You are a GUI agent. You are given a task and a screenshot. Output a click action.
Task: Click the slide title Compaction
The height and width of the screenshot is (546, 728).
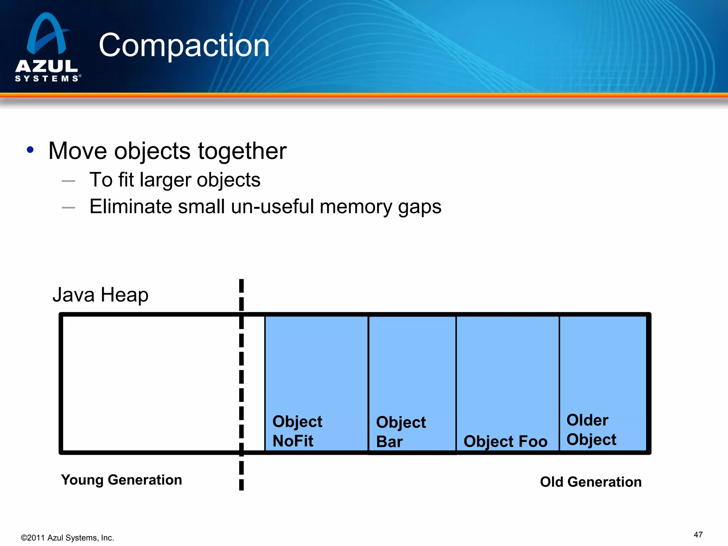pos(184,45)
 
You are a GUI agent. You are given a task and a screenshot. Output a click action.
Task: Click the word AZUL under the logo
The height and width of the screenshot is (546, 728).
pos(47,66)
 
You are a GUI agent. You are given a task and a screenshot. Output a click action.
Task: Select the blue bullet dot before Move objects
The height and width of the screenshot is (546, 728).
pos(30,150)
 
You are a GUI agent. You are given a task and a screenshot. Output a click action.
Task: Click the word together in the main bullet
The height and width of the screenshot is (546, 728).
pos(242,151)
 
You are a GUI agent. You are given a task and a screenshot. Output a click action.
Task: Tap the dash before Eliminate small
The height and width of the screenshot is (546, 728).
pos(68,208)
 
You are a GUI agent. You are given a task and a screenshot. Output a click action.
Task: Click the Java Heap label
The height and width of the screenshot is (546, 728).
pos(101,295)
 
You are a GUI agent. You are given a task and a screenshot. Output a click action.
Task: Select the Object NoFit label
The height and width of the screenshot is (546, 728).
pos(297,431)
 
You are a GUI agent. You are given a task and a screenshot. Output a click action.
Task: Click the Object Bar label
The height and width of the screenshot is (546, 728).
pos(401,432)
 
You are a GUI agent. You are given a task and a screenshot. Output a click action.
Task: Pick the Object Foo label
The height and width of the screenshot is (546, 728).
pos(505,441)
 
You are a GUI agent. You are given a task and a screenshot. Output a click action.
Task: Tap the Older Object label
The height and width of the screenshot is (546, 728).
pos(591,430)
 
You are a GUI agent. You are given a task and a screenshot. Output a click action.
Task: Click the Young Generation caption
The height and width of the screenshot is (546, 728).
pos(121,480)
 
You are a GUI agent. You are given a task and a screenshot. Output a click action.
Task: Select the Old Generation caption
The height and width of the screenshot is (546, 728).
pos(590,482)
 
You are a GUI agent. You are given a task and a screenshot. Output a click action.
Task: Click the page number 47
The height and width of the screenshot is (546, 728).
pos(698,535)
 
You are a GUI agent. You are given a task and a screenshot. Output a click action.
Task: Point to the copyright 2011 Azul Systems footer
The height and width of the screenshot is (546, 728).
pos(68,538)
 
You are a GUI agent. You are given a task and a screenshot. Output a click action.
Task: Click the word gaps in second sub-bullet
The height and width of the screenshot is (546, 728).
pos(419,207)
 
